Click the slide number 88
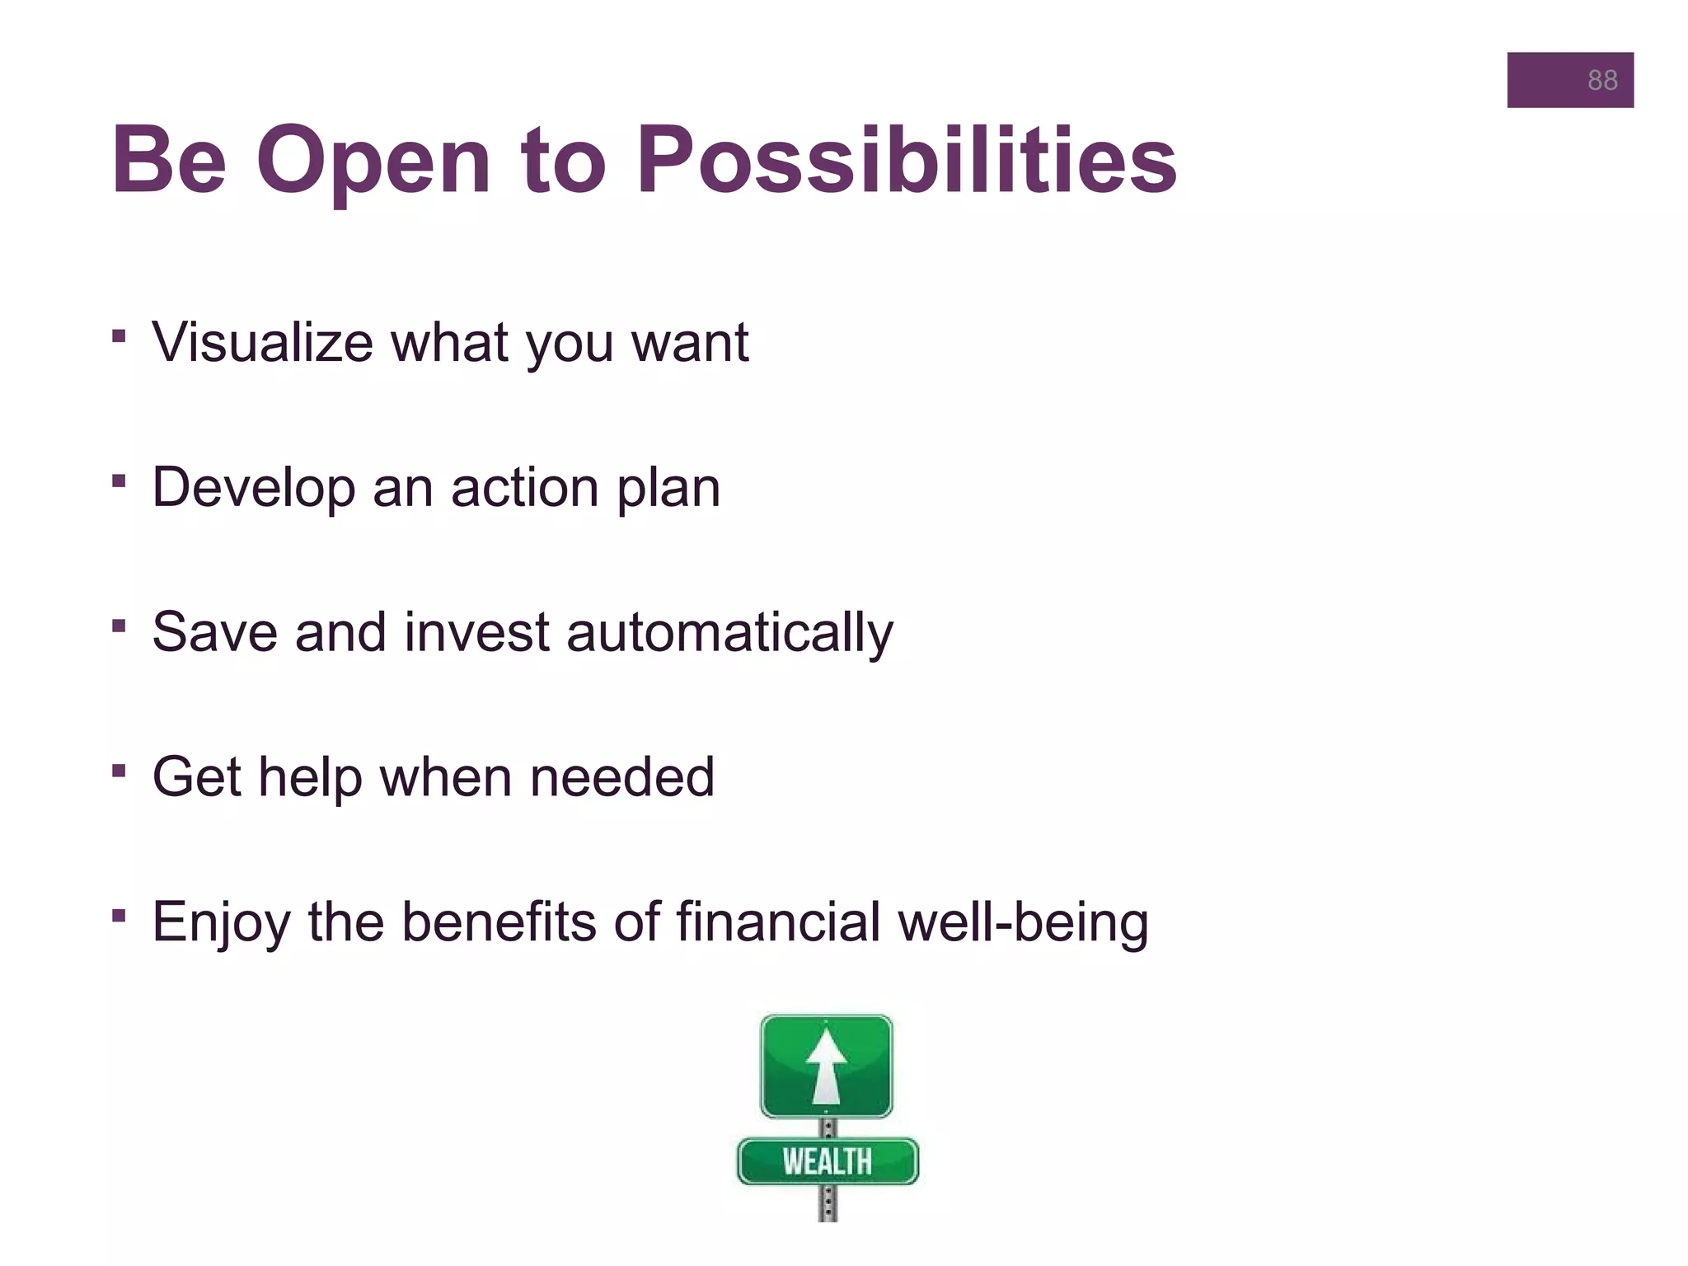coord(1601,80)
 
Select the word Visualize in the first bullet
coord(262,341)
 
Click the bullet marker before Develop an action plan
coord(119,480)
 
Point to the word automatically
coord(730,632)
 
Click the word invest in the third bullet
coord(476,632)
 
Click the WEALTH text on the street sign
coord(827,1161)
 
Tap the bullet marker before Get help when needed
coord(119,770)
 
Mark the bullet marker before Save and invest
coord(119,626)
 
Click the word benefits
coord(498,921)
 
